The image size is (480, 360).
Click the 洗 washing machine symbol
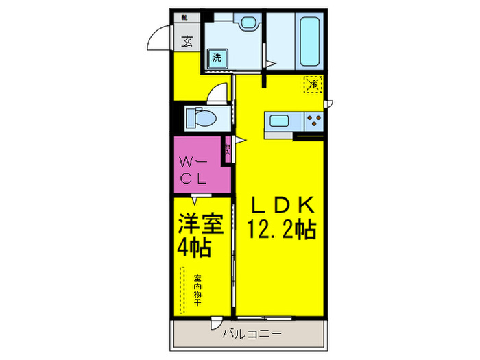tap(216, 58)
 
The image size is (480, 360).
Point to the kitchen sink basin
tap(279, 122)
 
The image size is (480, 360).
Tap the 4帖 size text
tap(193, 247)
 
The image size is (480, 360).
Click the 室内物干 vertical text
tap(197, 291)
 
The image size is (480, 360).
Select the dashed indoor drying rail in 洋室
tap(182, 291)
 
